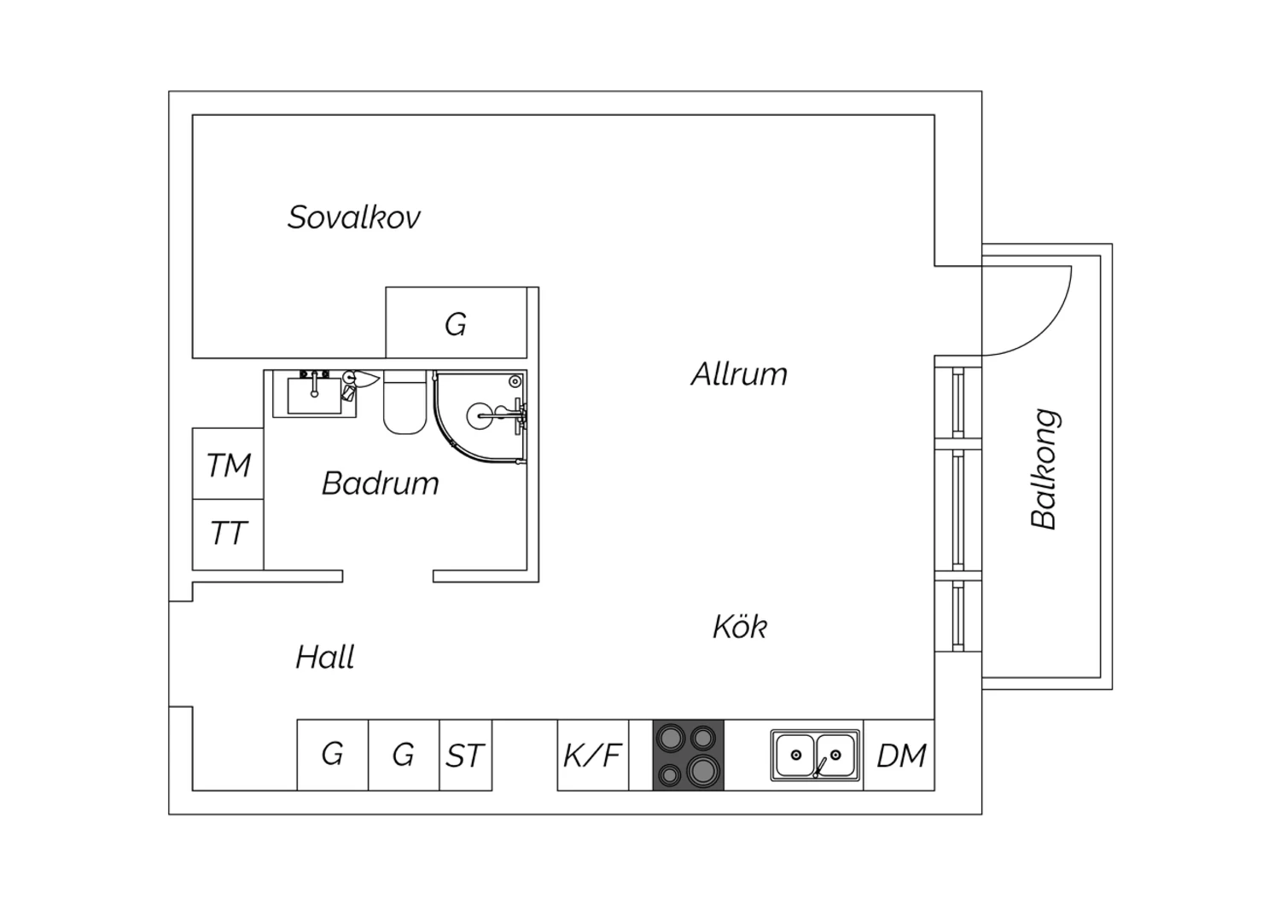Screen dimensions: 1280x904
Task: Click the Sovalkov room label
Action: coord(354,217)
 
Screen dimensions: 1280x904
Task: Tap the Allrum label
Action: coord(739,374)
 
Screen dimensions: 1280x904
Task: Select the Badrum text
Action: coord(380,484)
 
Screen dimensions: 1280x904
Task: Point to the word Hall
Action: coord(325,657)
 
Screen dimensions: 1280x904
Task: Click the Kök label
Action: coord(740,626)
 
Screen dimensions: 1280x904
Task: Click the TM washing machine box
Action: coord(228,464)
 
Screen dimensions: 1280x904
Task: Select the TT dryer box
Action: coord(228,535)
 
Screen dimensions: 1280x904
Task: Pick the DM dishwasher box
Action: coord(899,755)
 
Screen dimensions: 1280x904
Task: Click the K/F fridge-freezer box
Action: coord(593,755)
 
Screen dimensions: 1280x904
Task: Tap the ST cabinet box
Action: coord(466,755)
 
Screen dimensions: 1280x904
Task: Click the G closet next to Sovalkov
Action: coord(456,322)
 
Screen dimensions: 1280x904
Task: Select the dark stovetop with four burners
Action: coord(689,755)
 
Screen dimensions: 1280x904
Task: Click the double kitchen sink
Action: coord(816,755)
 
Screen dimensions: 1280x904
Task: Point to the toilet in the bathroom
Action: coord(405,402)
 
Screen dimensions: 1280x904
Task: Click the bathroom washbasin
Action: coord(314,393)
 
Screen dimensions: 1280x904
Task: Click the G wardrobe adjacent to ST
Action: coord(404,755)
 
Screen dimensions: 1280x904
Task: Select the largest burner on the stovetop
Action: coord(702,770)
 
